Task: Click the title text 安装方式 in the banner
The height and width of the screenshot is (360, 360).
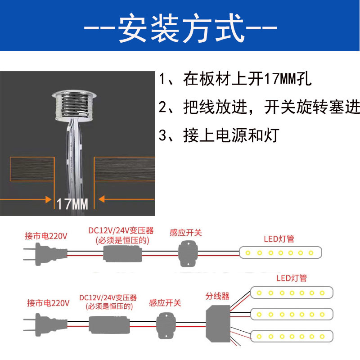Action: coord(180,28)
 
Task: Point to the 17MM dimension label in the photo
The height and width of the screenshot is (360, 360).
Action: coord(72,204)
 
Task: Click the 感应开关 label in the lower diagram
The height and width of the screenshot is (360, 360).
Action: coord(165,303)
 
